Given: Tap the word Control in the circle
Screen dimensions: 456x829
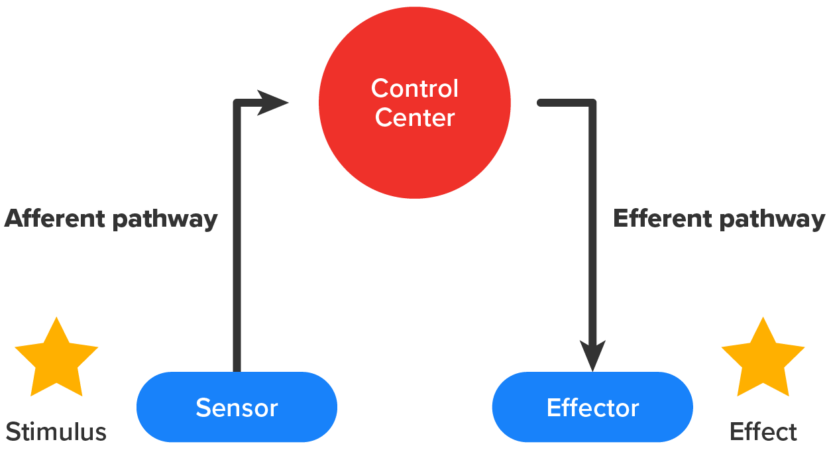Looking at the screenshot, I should tap(415, 88).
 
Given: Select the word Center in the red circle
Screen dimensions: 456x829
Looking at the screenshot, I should tap(415, 118).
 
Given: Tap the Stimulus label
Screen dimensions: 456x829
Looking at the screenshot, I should tap(56, 432).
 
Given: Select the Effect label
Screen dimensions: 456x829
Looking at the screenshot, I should tap(763, 432).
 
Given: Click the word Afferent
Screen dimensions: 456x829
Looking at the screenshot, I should tap(56, 219).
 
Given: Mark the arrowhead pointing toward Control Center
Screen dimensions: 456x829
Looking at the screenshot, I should tap(272, 102).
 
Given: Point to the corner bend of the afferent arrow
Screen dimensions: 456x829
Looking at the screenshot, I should tap(237, 103).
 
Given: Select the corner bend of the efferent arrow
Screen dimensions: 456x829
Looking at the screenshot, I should tap(592, 103).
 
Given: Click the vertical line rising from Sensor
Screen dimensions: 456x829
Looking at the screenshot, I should tap(237, 265).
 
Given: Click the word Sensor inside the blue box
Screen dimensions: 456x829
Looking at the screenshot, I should tap(237, 408).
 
